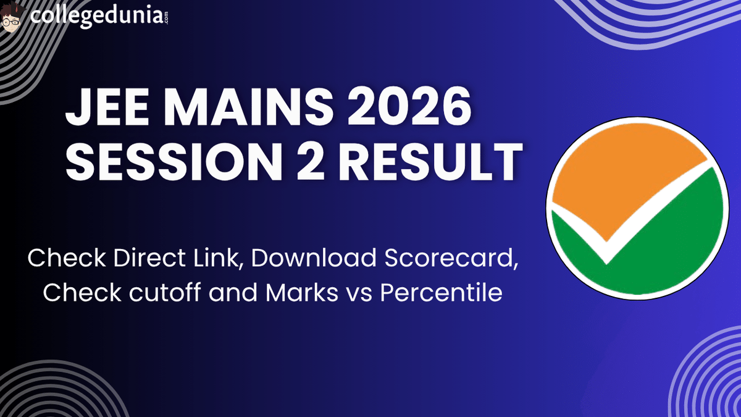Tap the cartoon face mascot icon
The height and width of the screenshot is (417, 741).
click(x=12, y=17)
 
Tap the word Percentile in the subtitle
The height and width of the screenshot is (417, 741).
click(x=440, y=292)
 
